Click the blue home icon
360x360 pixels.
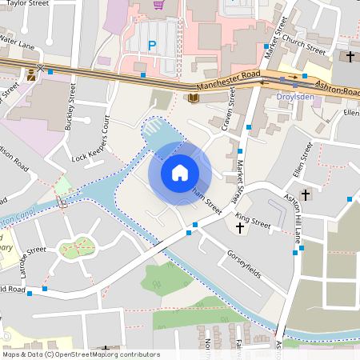pyautogui.click(x=180, y=173)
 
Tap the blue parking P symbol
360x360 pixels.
pyautogui.click(x=152, y=46)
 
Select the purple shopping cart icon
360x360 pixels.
pyautogui.click(x=158, y=5)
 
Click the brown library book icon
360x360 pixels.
pyautogui.click(x=193, y=98)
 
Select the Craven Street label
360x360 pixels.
pyautogui.click(x=224, y=112)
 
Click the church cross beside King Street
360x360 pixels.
pyautogui.click(x=240, y=228)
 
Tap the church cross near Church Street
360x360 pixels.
pyautogui.click(x=350, y=57)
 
